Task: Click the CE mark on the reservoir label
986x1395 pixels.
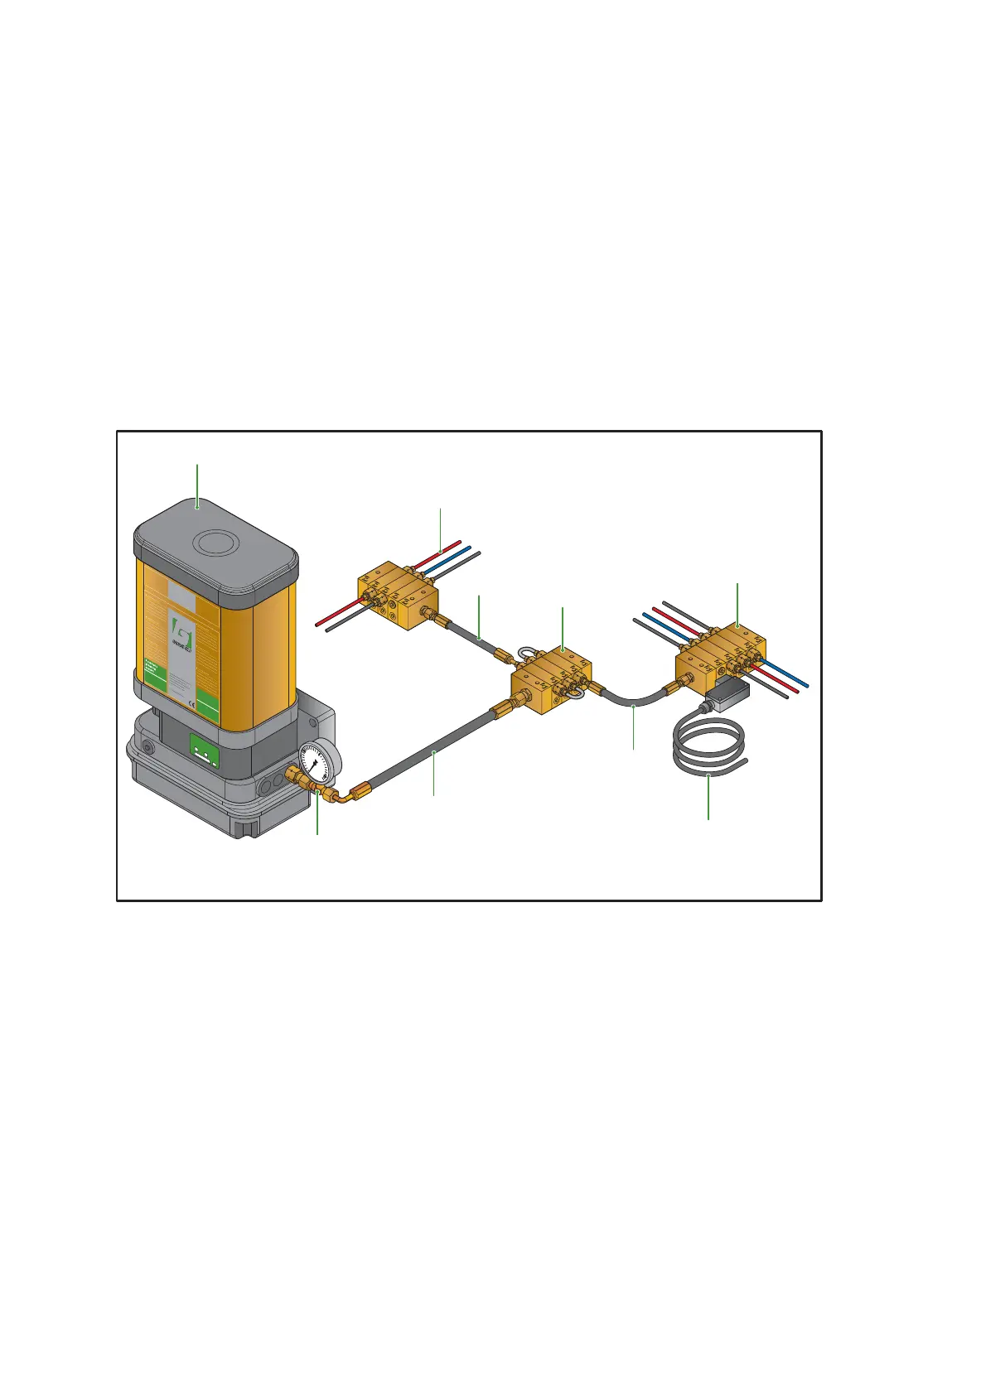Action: [x=189, y=685]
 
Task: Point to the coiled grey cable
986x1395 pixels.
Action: [x=709, y=749]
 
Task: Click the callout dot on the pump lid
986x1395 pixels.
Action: [x=197, y=502]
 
